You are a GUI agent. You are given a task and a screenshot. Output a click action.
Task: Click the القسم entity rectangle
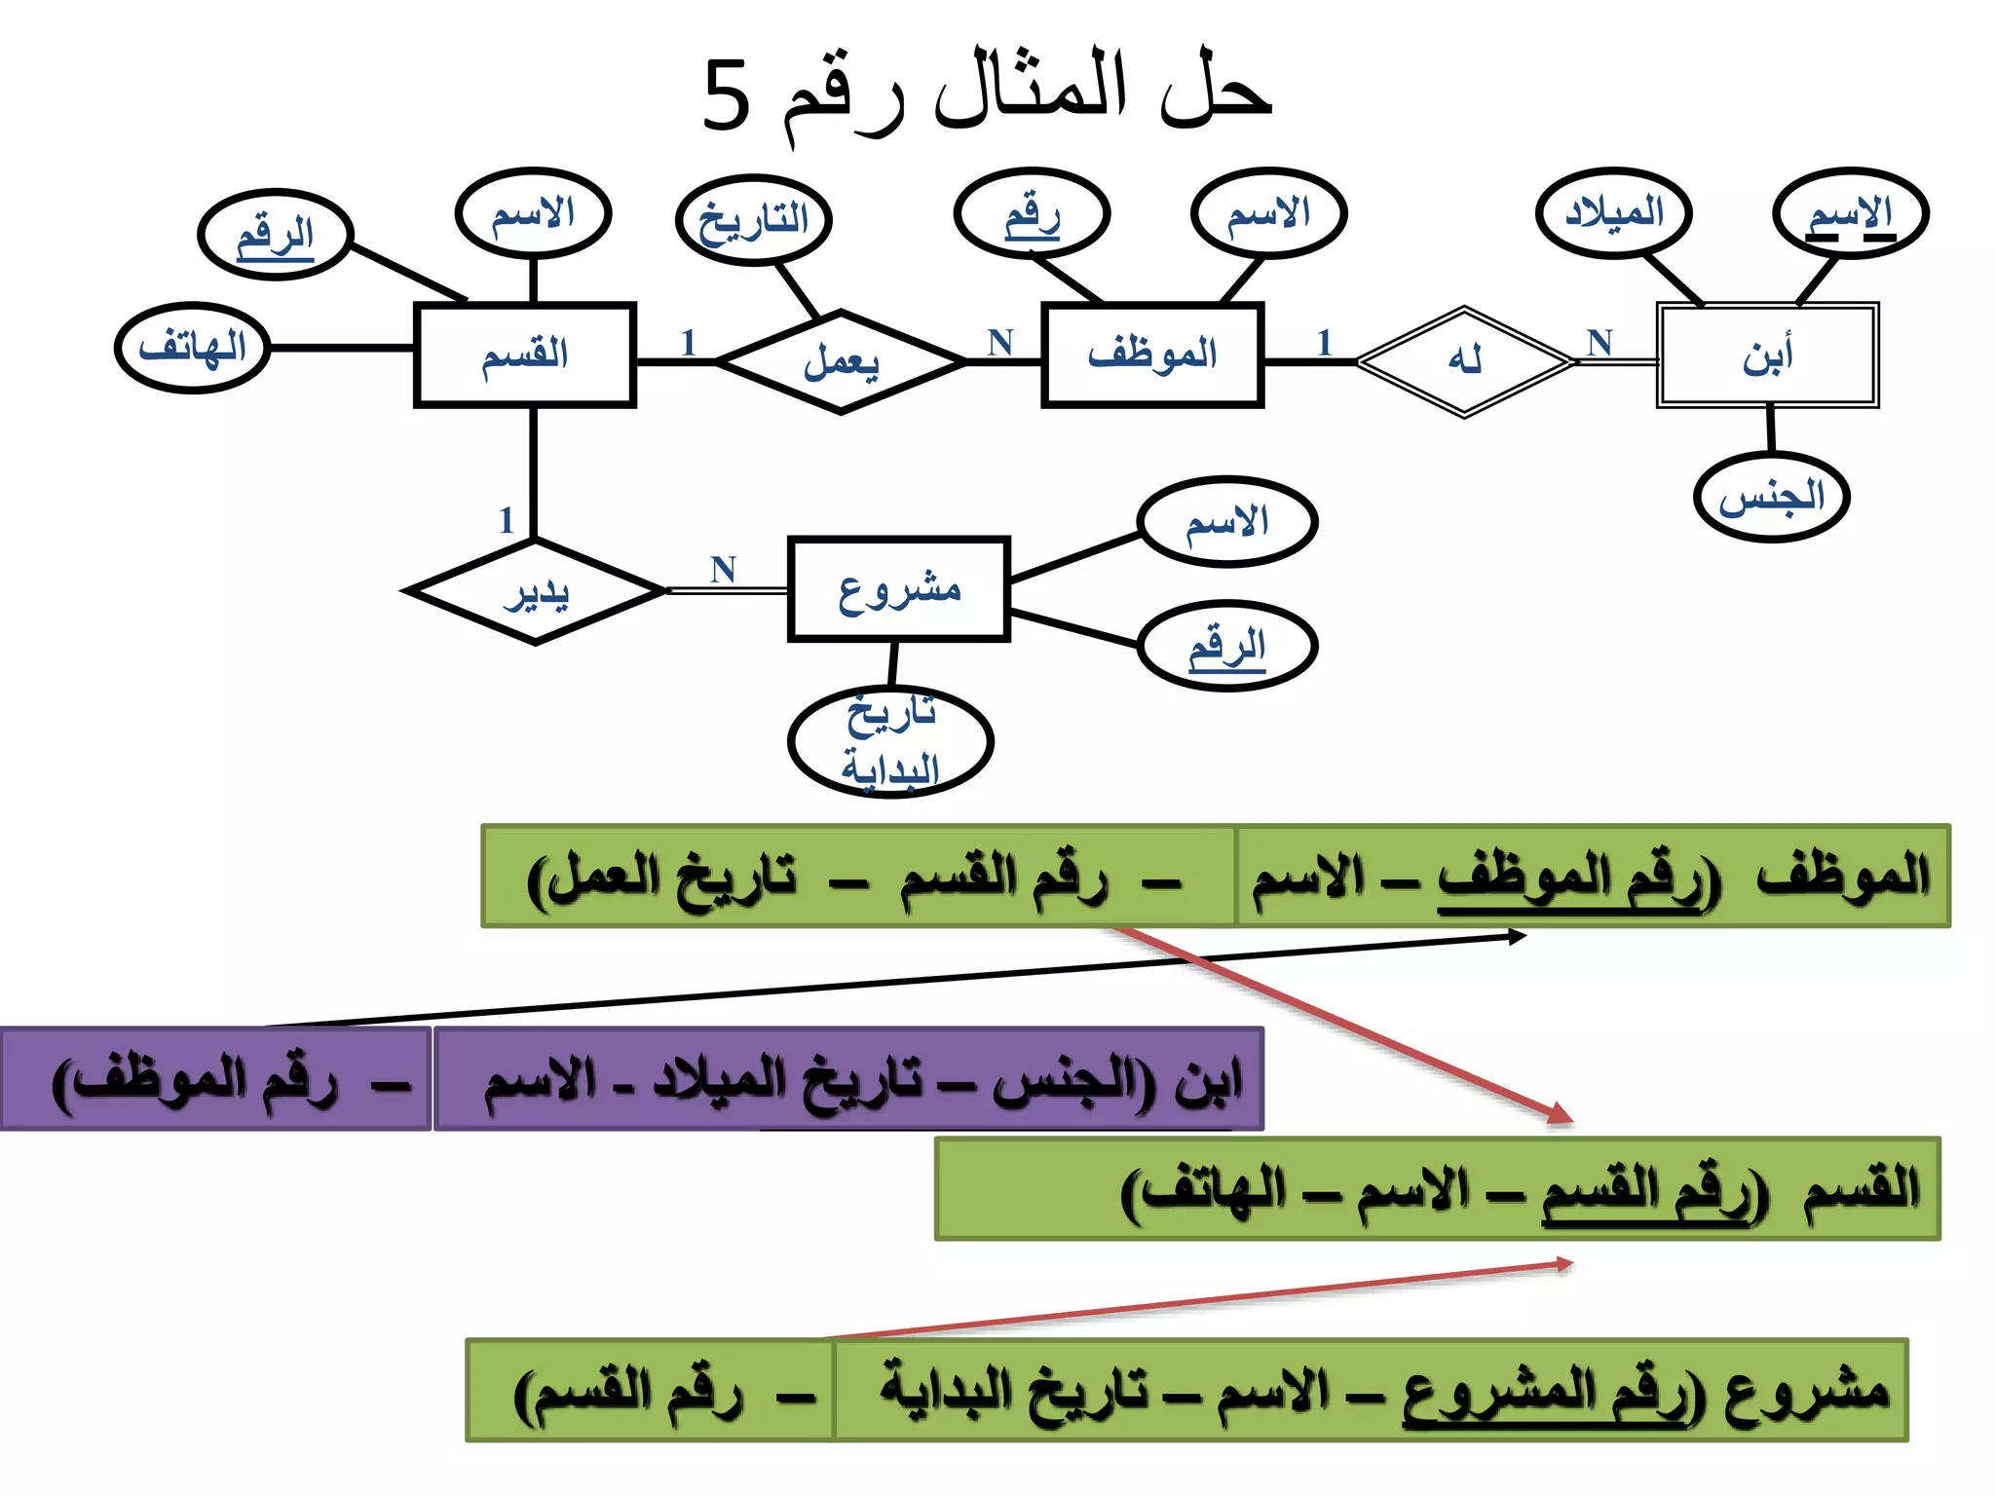click(x=525, y=355)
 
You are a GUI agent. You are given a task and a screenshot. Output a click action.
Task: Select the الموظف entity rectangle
click(x=1152, y=355)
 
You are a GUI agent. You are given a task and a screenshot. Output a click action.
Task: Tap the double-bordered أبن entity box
click(x=1767, y=355)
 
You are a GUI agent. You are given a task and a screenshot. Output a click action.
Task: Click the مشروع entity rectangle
click(x=898, y=589)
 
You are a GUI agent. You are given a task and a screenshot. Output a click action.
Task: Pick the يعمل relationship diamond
click(x=842, y=362)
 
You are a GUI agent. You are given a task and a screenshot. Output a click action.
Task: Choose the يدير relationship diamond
click(x=536, y=591)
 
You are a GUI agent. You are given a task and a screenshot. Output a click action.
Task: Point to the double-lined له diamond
click(x=1464, y=361)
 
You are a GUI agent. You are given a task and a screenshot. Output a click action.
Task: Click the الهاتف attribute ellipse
click(x=193, y=348)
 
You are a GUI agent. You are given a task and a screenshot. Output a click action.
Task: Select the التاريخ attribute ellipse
click(x=754, y=220)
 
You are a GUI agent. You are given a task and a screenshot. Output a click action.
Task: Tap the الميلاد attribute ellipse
click(x=1614, y=213)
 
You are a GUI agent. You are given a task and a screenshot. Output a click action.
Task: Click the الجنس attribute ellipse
click(x=1772, y=498)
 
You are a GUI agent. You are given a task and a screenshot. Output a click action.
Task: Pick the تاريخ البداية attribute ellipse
click(x=890, y=742)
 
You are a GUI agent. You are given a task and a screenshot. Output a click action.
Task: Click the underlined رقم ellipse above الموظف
click(x=1033, y=213)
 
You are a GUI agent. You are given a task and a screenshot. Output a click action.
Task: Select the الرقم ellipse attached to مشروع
click(x=1227, y=646)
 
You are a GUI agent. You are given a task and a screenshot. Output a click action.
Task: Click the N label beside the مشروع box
click(x=723, y=569)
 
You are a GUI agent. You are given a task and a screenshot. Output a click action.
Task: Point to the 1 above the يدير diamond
click(x=506, y=520)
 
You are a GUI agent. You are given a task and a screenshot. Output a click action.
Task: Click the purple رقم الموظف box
click(x=215, y=1079)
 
